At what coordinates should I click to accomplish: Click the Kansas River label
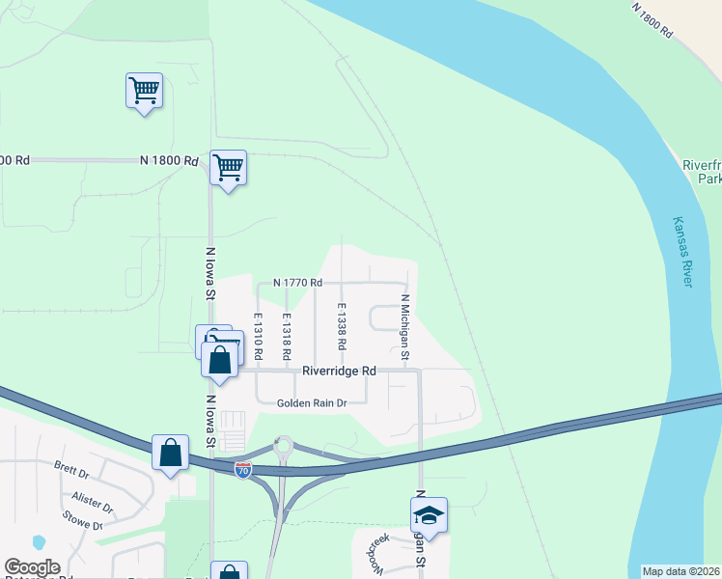(x=682, y=250)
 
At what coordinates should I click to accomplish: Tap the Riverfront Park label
(x=702, y=172)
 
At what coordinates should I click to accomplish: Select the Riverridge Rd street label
(x=339, y=371)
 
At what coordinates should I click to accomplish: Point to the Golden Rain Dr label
(x=311, y=403)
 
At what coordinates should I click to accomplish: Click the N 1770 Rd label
(x=297, y=283)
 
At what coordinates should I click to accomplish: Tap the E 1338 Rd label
(x=341, y=326)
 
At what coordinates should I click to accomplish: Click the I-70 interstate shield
(x=243, y=469)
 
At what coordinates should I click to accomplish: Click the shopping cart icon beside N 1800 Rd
(x=228, y=168)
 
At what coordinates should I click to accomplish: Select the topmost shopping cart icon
(x=144, y=91)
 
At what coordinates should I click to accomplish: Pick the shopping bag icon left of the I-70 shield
(x=170, y=452)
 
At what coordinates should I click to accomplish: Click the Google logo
(x=32, y=568)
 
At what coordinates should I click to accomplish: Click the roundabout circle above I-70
(x=283, y=446)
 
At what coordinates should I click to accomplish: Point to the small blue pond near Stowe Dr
(x=39, y=542)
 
